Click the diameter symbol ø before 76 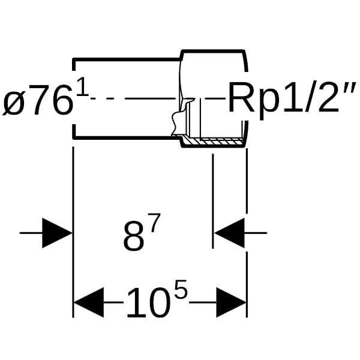(x=13, y=103)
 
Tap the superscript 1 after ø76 (x=82, y=90)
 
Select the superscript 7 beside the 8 (x=154, y=224)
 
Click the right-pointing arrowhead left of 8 (x=57, y=232)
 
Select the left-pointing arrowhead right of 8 (x=229, y=233)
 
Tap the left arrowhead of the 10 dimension (x=88, y=302)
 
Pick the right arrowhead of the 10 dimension (x=231, y=302)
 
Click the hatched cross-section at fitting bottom (x=213, y=143)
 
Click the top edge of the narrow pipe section (x=126, y=59)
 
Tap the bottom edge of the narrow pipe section (x=126, y=139)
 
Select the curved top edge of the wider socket (x=213, y=50)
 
